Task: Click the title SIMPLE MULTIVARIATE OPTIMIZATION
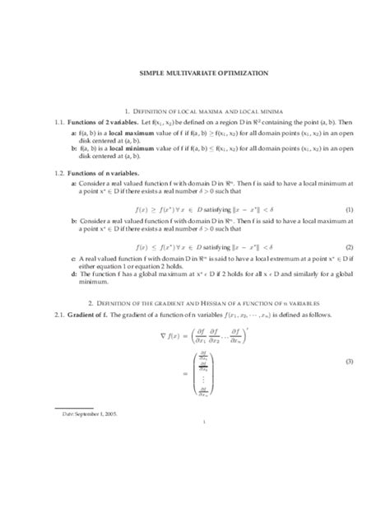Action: click(195, 72)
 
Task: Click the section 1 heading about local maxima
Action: click(195, 110)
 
